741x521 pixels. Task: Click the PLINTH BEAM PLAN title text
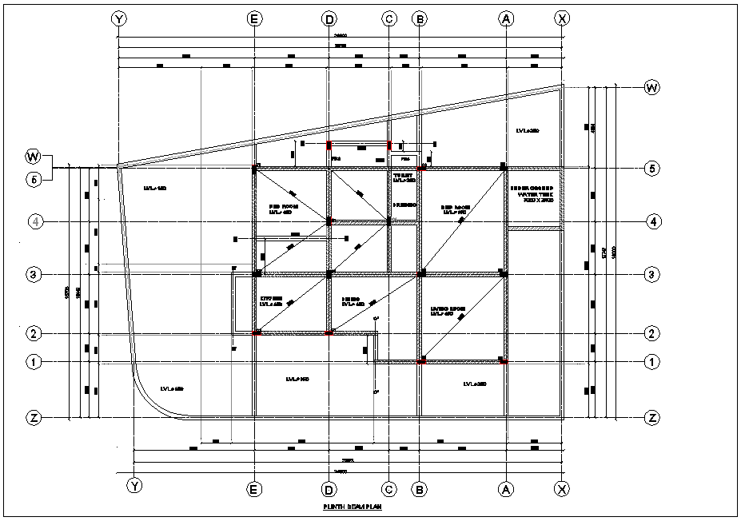click(350, 506)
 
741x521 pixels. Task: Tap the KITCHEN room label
click(273, 301)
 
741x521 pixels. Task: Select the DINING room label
click(353, 301)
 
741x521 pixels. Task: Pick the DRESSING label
click(405, 205)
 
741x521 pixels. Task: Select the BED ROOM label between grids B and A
click(456, 209)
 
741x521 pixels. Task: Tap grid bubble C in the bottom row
click(388, 487)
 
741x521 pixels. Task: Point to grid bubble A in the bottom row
click(505, 487)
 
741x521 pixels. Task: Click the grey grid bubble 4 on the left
click(34, 221)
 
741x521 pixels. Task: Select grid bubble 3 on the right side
click(653, 274)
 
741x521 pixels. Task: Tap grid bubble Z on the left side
click(34, 417)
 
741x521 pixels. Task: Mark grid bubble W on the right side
click(652, 87)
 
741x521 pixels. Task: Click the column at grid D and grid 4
click(329, 221)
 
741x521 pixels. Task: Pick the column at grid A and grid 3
click(504, 274)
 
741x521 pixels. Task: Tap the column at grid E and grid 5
click(254, 169)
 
